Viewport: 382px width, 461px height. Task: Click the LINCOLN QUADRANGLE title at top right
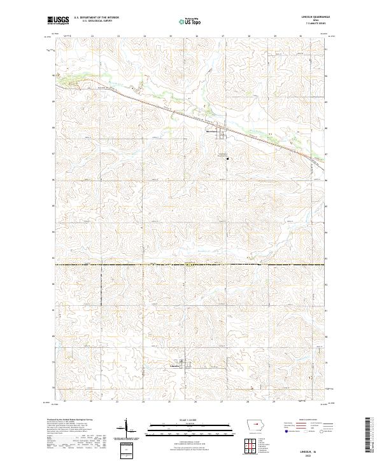click(313, 17)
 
